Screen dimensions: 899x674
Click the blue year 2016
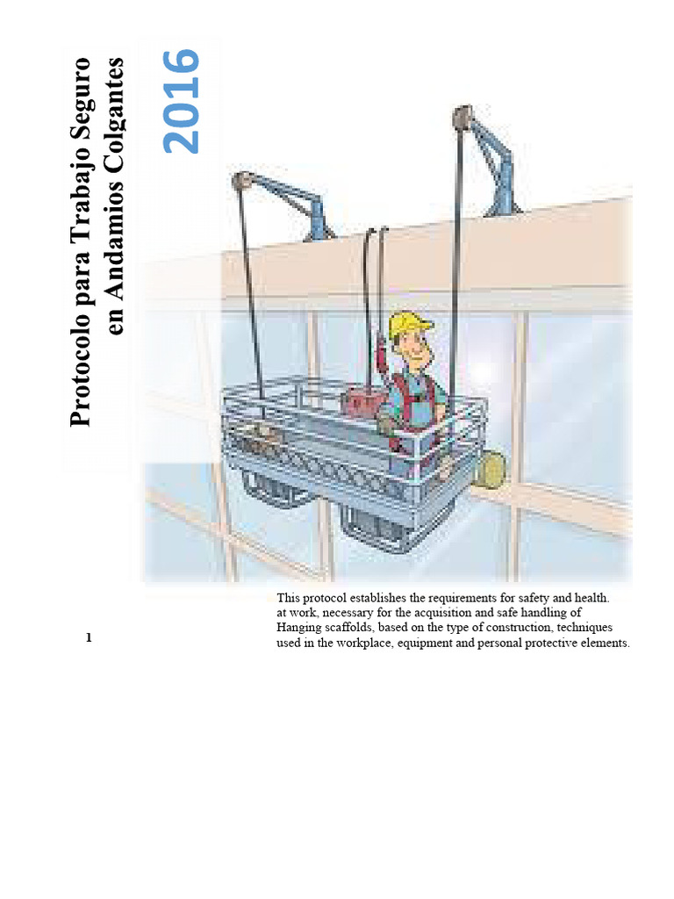pos(183,101)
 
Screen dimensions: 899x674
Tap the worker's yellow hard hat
pos(409,324)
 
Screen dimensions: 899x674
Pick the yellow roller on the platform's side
pos(490,469)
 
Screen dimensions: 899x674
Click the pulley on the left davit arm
pos(243,182)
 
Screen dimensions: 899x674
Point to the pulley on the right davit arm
pos(462,116)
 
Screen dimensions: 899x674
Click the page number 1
pos(89,637)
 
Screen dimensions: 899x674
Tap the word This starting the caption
pos(290,598)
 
